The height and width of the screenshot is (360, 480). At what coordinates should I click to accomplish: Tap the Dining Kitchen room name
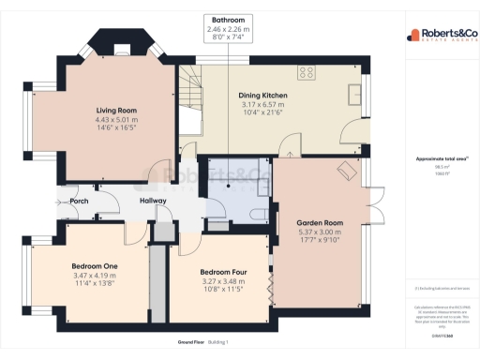tap(262, 96)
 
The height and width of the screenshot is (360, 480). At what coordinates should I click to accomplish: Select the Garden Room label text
tap(320, 223)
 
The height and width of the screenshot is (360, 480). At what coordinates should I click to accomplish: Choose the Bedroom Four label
tap(221, 273)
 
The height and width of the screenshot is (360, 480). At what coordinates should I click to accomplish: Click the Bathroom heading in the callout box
tap(228, 19)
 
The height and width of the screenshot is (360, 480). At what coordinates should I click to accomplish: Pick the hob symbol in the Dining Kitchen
tap(306, 71)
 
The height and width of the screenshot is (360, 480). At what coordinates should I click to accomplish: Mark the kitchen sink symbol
tap(354, 93)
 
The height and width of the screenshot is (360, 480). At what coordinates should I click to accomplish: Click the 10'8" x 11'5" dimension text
tap(221, 290)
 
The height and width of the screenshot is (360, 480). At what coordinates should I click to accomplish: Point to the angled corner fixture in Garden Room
tap(347, 169)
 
